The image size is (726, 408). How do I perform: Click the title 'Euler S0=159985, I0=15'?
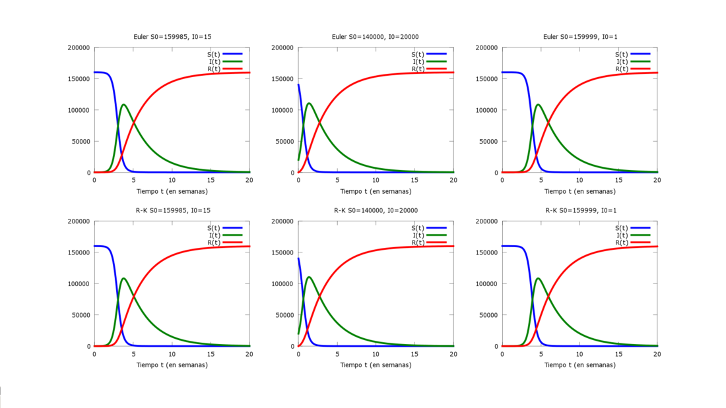click(172, 37)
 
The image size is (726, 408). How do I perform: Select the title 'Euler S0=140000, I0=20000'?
click(375, 37)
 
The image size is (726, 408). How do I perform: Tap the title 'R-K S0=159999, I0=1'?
click(579, 210)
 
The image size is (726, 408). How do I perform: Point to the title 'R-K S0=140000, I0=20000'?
click(375, 210)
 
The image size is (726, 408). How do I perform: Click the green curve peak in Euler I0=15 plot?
click(123, 104)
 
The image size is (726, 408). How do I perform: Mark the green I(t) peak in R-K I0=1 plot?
click(538, 278)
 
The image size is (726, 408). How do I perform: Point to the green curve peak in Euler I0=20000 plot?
click(309, 103)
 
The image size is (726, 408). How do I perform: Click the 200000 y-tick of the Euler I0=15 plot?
click(79, 47)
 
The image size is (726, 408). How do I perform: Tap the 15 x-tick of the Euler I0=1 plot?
click(619, 181)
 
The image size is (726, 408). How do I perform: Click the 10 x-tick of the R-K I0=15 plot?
click(172, 354)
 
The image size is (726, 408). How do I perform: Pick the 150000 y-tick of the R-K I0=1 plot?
click(487, 252)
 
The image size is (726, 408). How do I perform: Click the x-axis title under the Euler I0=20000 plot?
click(376, 191)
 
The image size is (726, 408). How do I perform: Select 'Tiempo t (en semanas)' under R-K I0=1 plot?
click(579, 364)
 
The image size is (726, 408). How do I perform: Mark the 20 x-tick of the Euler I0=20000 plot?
click(453, 181)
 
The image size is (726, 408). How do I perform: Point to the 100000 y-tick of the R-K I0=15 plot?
click(79, 284)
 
